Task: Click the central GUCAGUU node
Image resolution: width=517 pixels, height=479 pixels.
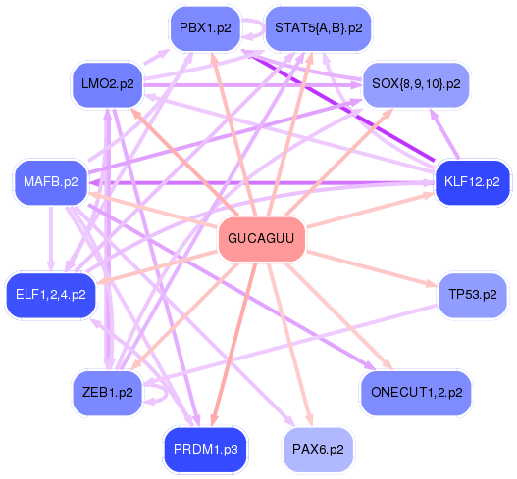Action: pos(262,239)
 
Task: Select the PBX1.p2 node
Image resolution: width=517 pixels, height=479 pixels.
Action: pos(205,28)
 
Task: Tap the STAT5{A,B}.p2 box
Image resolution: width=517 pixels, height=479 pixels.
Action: pos(319,28)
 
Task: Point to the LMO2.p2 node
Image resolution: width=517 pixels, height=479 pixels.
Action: pos(108,84)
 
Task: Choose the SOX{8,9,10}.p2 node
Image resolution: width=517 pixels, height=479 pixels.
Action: pos(416,84)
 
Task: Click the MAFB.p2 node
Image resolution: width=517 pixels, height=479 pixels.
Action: pos(51,182)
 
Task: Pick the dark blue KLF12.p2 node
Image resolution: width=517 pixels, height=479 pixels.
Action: pos(472,182)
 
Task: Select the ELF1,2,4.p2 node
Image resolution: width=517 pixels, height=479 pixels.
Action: pos(51,295)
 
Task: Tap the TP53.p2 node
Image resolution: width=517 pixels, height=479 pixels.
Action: pos(473,295)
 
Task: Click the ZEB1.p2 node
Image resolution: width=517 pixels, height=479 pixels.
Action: pos(108,393)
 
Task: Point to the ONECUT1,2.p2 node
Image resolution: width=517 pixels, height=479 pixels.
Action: pos(416,393)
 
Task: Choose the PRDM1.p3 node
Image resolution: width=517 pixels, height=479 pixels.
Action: pos(205,450)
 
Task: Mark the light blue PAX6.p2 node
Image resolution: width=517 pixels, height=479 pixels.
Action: pos(318,450)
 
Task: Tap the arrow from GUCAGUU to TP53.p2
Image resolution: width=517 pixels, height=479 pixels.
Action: pos(372,269)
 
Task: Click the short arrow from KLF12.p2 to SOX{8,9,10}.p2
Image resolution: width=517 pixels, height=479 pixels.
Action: pos(444,134)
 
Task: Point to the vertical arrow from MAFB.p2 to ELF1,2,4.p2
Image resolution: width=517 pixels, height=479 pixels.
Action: pos(51,239)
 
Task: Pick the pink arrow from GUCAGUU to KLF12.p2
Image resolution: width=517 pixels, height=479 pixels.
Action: pos(370,210)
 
